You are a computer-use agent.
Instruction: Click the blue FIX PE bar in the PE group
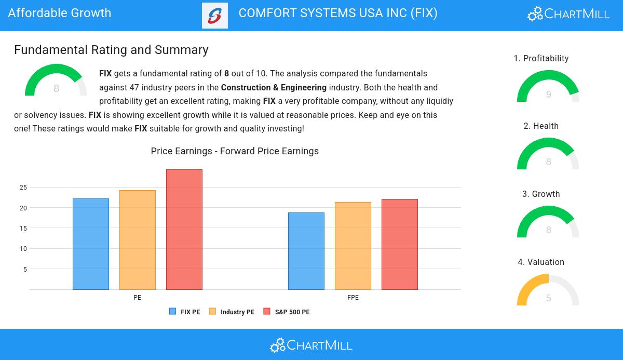[91, 244]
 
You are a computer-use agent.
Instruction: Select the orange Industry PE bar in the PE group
[138, 240]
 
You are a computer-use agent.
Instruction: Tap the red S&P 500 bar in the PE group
[184, 230]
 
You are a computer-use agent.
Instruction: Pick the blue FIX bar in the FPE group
[306, 251]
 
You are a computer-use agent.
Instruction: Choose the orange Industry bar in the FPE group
[353, 246]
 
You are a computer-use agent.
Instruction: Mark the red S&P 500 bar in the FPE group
[400, 244]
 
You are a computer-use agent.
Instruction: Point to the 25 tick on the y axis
[23, 188]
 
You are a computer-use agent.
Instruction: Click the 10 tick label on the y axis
[23, 249]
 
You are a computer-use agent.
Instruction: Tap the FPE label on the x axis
[353, 298]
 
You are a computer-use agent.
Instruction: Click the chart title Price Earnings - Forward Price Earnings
[235, 151]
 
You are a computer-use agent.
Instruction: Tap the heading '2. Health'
[541, 126]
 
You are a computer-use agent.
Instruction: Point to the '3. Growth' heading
[541, 194]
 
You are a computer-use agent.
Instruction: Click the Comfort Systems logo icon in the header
[215, 16]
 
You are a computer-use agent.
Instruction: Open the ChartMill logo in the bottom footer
[311, 345]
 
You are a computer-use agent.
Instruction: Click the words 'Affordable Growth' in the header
[60, 13]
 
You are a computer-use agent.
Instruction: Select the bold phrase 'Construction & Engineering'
[274, 88]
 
